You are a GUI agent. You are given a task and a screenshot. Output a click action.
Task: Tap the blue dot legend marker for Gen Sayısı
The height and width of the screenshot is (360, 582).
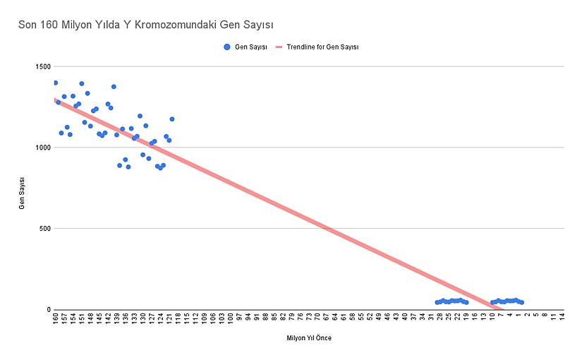[x=226, y=47]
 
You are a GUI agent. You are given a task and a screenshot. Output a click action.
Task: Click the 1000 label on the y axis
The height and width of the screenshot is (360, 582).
[x=42, y=148]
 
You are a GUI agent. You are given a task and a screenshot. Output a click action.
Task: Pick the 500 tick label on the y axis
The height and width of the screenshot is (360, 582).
[x=44, y=229]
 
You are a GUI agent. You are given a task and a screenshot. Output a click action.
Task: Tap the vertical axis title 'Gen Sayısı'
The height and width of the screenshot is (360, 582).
[x=22, y=188]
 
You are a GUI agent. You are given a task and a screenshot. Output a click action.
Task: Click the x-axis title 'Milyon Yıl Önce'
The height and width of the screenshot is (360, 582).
[x=308, y=338]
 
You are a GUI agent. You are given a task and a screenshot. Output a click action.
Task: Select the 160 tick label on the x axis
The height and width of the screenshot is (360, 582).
[x=56, y=319]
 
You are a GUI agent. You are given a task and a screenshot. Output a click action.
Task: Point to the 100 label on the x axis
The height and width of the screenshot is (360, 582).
[x=231, y=319]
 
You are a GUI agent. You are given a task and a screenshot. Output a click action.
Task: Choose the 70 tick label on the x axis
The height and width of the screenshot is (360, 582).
[x=317, y=318]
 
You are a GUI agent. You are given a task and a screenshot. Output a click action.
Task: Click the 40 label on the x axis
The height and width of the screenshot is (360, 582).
[x=405, y=318]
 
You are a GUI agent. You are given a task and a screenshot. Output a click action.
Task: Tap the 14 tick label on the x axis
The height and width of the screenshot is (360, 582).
[x=562, y=318]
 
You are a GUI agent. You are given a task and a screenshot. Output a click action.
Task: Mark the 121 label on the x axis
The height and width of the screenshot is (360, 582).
[x=169, y=319]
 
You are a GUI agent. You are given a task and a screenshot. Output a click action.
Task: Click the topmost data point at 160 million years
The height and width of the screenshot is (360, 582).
[x=55, y=83]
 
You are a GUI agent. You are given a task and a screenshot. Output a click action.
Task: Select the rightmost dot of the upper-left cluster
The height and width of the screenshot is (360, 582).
[x=171, y=119]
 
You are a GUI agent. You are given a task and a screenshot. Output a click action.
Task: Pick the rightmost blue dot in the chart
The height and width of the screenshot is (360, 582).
[x=521, y=302]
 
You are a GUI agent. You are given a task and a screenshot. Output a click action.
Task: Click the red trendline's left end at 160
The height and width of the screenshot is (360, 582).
[x=56, y=100]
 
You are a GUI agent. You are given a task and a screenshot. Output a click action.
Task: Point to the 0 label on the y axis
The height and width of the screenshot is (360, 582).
[x=48, y=309]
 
